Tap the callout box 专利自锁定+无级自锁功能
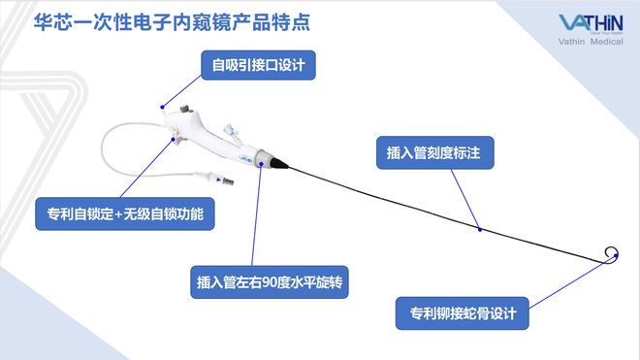tap(124, 213)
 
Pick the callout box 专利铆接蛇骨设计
tap(463, 313)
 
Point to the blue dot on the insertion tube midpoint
tap(480, 230)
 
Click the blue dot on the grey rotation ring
tap(261, 166)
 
